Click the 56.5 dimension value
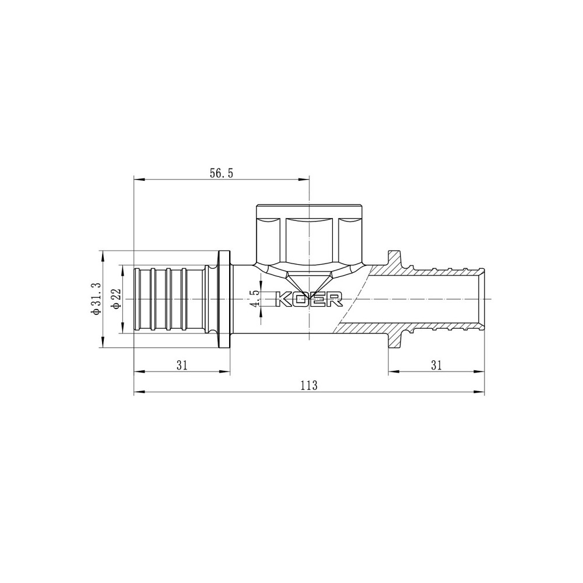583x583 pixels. pyautogui.click(x=221, y=173)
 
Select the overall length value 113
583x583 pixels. pyautogui.click(x=308, y=385)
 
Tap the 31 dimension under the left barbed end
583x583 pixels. pyautogui.click(x=182, y=365)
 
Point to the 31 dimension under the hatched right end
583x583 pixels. pyautogui.click(x=437, y=365)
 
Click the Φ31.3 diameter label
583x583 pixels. pyautogui.click(x=97, y=299)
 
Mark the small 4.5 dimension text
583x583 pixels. pyautogui.click(x=254, y=298)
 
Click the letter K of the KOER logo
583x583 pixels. pyautogui.click(x=283, y=298)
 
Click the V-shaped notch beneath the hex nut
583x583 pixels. pyautogui.click(x=309, y=278)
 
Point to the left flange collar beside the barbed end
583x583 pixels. pyautogui.click(x=224, y=299)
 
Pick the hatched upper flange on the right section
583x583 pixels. pyautogui.click(x=395, y=259)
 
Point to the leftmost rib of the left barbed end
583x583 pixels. pyautogui.click(x=138, y=299)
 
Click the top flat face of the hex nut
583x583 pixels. pyautogui.click(x=309, y=208)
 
